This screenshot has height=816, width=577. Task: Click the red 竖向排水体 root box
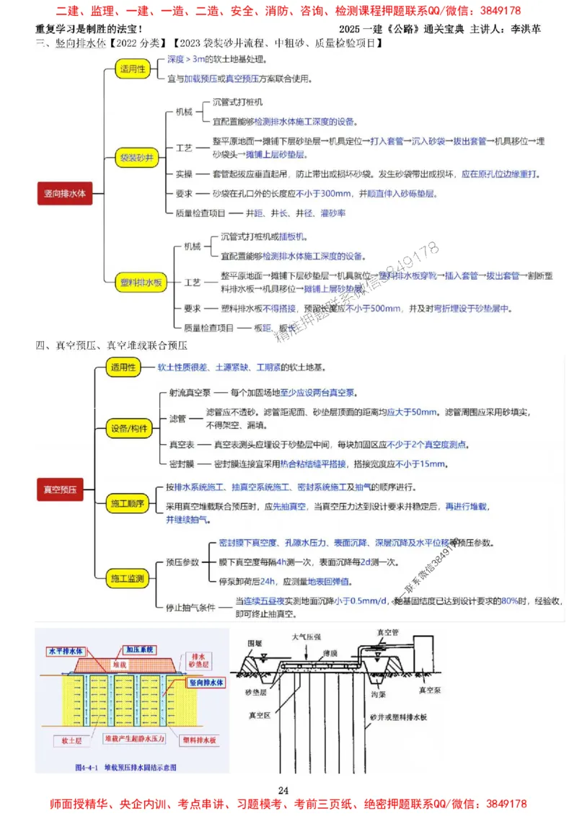65,194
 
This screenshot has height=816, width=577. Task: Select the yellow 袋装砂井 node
136,156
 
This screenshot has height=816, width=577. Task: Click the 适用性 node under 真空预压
123,368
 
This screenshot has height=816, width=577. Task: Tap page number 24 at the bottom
283,787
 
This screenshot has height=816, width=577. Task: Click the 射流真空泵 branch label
190,394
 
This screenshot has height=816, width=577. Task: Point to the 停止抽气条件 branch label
190,608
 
